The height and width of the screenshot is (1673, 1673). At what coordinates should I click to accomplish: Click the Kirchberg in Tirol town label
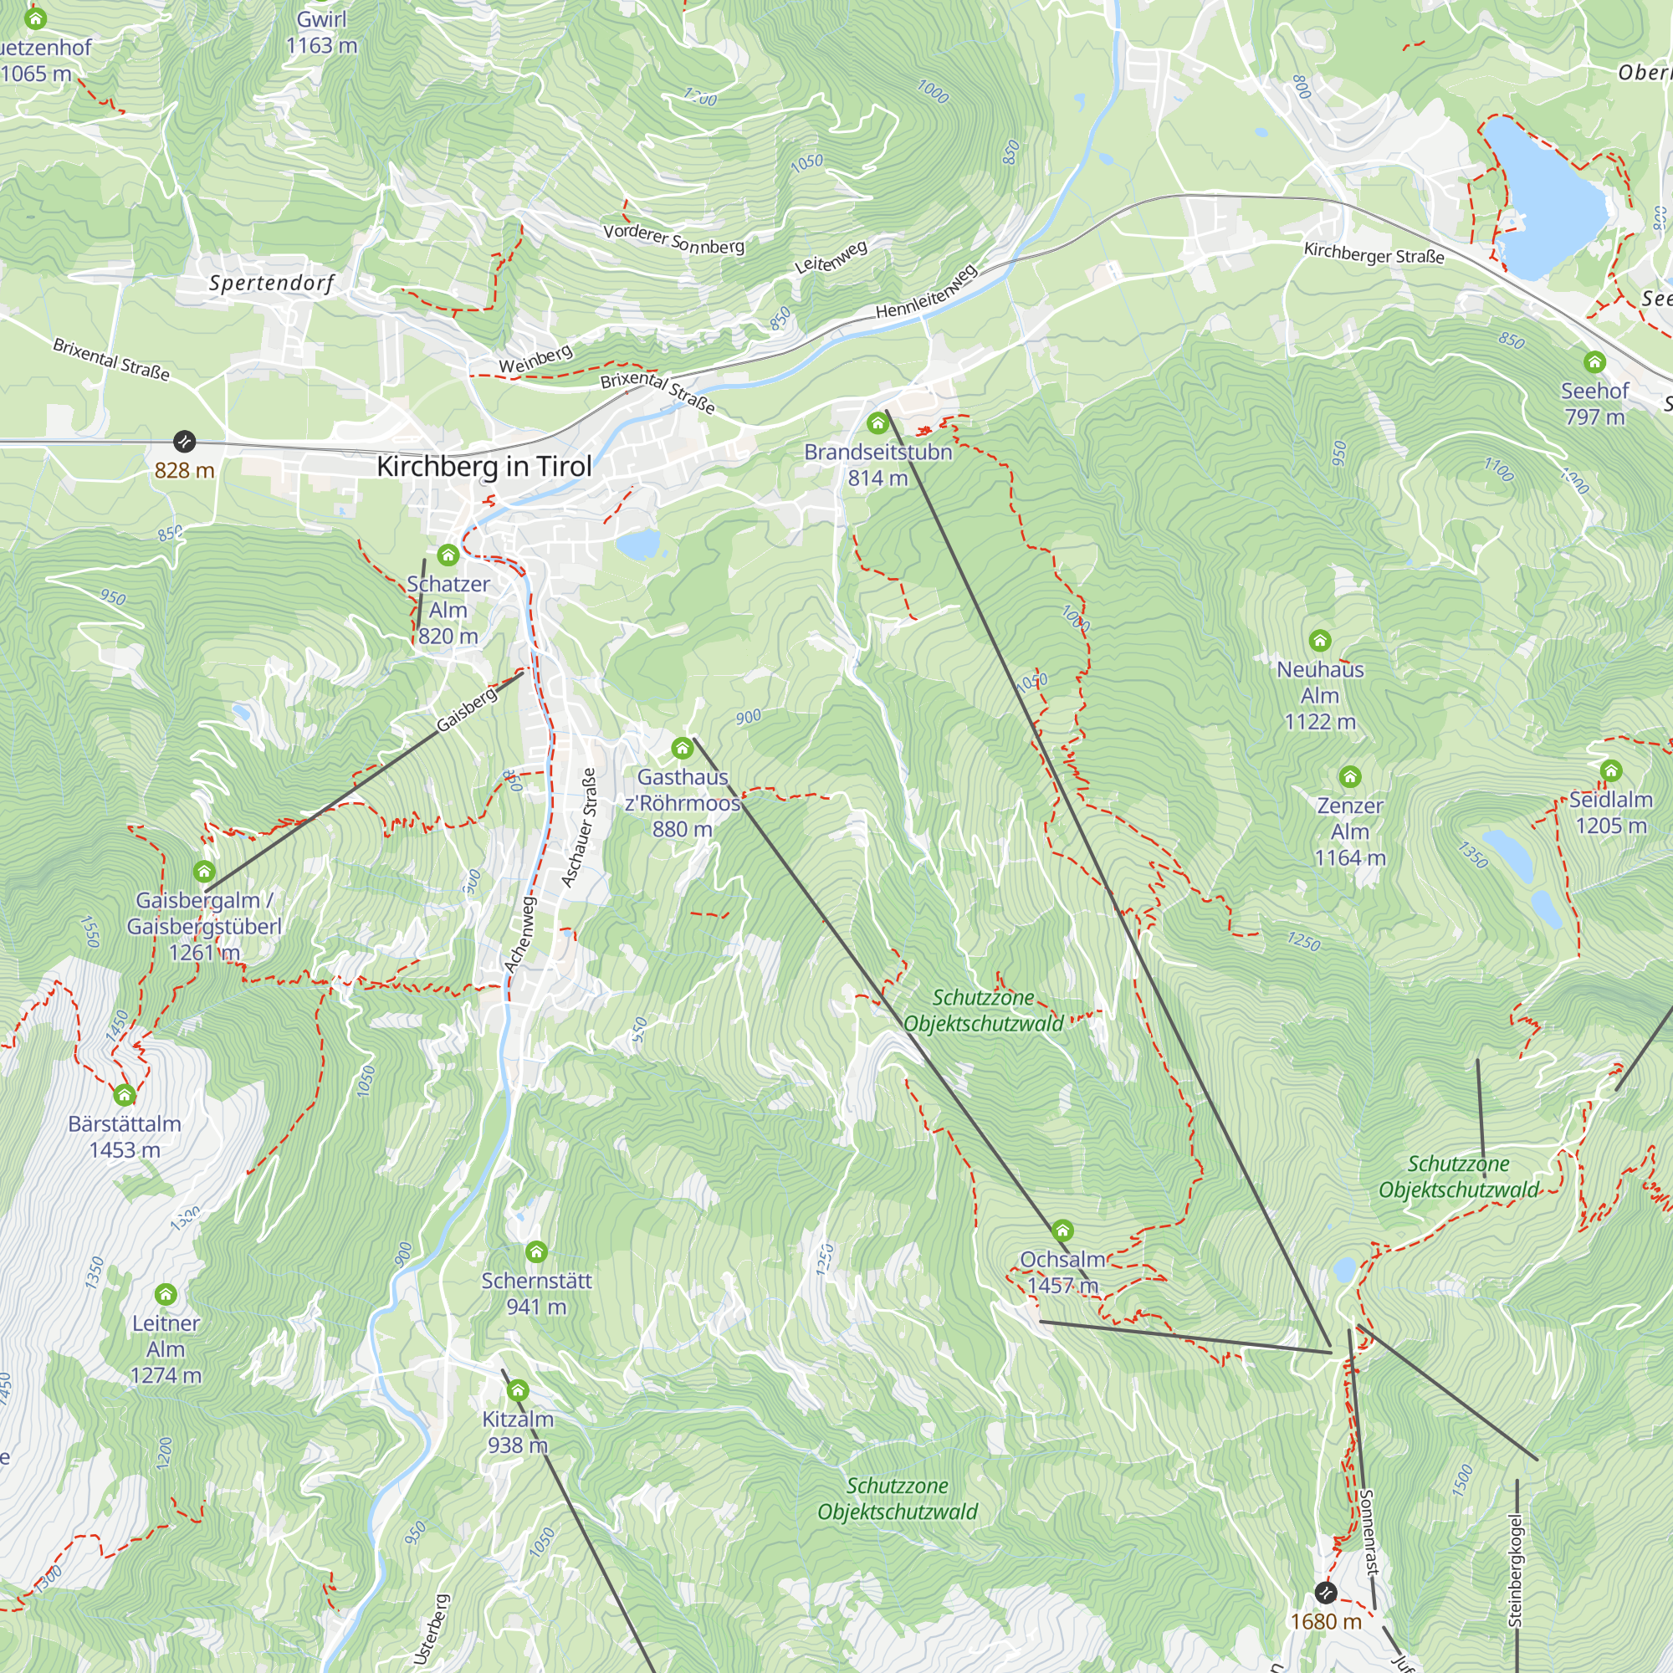point(484,467)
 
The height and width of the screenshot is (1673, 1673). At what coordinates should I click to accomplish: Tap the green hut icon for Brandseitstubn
point(877,423)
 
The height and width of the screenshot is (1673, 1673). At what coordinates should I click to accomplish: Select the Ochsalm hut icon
point(1062,1230)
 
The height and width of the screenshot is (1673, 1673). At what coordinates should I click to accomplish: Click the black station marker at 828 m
point(184,442)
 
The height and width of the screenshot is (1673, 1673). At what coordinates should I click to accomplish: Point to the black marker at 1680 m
point(1326,1593)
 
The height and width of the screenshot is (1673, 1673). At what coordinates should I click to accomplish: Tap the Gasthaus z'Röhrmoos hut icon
point(683,748)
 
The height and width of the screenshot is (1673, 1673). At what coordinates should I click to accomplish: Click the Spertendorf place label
point(271,284)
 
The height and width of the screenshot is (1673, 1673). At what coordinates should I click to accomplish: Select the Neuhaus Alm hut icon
point(1320,641)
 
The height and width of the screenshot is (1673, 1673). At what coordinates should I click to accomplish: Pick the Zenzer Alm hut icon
point(1350,777)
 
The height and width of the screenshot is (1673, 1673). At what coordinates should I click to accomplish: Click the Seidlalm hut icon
point(1610,770)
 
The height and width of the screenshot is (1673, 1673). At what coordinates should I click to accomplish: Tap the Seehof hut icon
point(1594,362)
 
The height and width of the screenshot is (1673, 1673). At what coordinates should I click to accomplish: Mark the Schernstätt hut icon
point(536,1252)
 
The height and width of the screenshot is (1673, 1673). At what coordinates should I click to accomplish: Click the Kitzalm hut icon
point(518,1391)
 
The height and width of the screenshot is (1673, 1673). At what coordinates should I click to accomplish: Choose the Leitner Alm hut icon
point(166,1295)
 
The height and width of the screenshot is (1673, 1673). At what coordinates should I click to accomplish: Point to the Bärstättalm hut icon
point(125,1096)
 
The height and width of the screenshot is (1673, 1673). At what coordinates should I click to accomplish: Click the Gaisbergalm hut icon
point(204,872)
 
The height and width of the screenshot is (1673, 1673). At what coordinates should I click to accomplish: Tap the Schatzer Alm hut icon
point(448,555)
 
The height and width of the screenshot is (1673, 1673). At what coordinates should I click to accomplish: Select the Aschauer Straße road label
point(580,828)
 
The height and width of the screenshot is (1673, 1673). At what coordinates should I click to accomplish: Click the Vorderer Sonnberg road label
point(673,240)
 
